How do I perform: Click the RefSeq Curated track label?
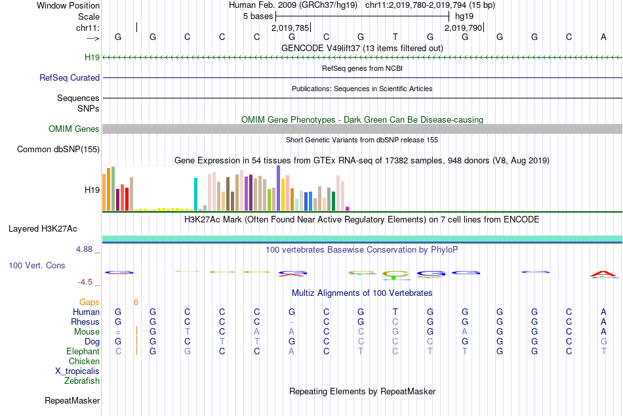coord(70,77)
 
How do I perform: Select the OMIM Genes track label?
coord(74,129)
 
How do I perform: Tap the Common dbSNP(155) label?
coord(58,150)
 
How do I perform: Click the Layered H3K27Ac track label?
coord(43,229)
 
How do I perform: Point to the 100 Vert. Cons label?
coord(37,266)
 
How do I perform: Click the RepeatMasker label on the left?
coord(72,400)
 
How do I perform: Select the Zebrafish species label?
coord(82,381)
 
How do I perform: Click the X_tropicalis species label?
coord(77,371)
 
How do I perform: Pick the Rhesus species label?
coord(85,322)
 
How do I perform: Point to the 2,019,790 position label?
coord(463,28)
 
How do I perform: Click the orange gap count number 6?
coord(136,302)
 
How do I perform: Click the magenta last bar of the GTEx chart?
coord(348,209)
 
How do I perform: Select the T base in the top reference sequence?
coord(395,37)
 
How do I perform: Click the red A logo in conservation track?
coord(603,274)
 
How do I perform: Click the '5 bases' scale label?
coord(258,15)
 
